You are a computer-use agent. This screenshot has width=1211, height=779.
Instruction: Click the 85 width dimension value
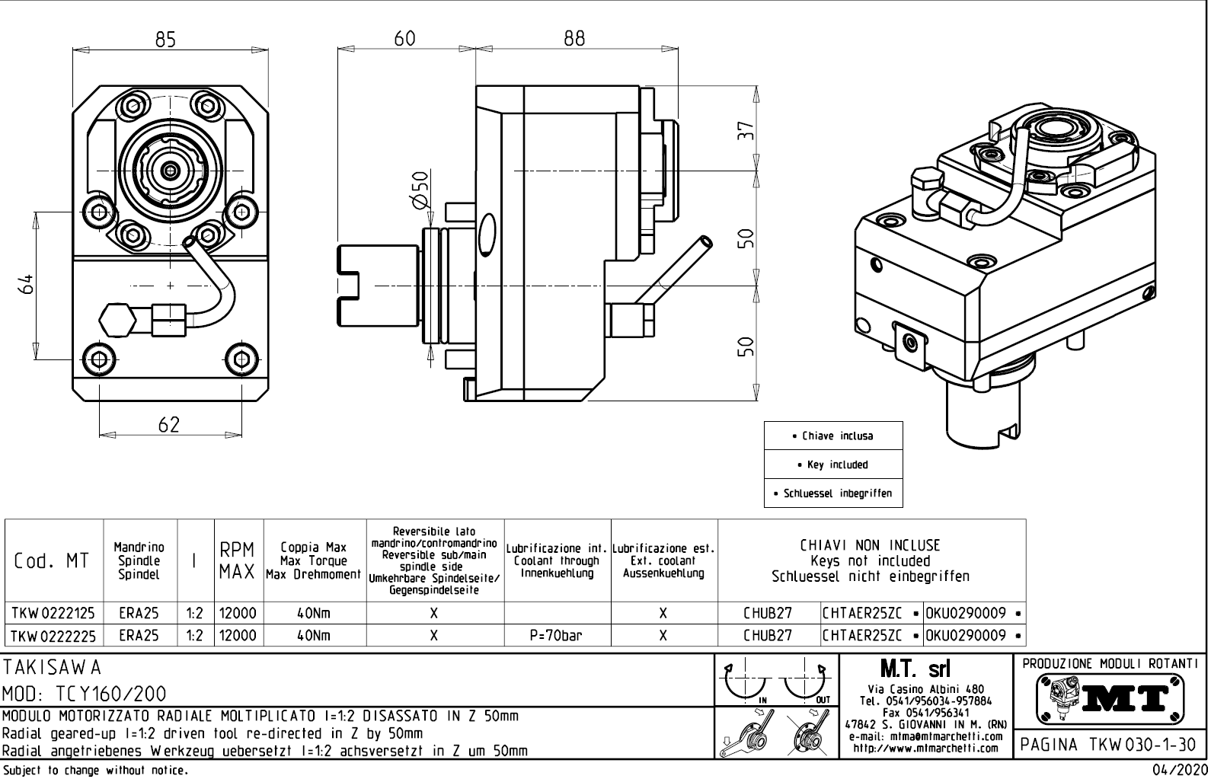point(165,39)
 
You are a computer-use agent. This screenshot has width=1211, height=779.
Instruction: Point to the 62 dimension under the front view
point(168,424)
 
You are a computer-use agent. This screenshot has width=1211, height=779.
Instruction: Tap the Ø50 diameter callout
point(420,187)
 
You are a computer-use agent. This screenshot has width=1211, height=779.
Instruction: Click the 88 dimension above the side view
point(574,38)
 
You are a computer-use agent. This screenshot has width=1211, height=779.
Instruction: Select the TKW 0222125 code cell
point(53,613)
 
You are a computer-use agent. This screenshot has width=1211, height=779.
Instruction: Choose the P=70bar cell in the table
point(557,635)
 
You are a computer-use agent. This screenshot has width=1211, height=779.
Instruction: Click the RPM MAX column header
point(238,560)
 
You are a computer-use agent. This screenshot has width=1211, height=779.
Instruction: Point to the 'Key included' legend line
point(833,465)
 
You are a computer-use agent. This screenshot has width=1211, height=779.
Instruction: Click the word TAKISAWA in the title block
point(52,668)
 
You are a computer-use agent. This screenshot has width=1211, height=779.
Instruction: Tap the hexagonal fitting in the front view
point(114,319)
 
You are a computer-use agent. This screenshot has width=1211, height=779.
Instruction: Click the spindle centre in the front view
point(169,170)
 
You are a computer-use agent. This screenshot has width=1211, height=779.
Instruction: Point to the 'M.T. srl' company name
point(925,669)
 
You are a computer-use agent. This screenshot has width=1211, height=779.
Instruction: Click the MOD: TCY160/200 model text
point(84,694)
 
